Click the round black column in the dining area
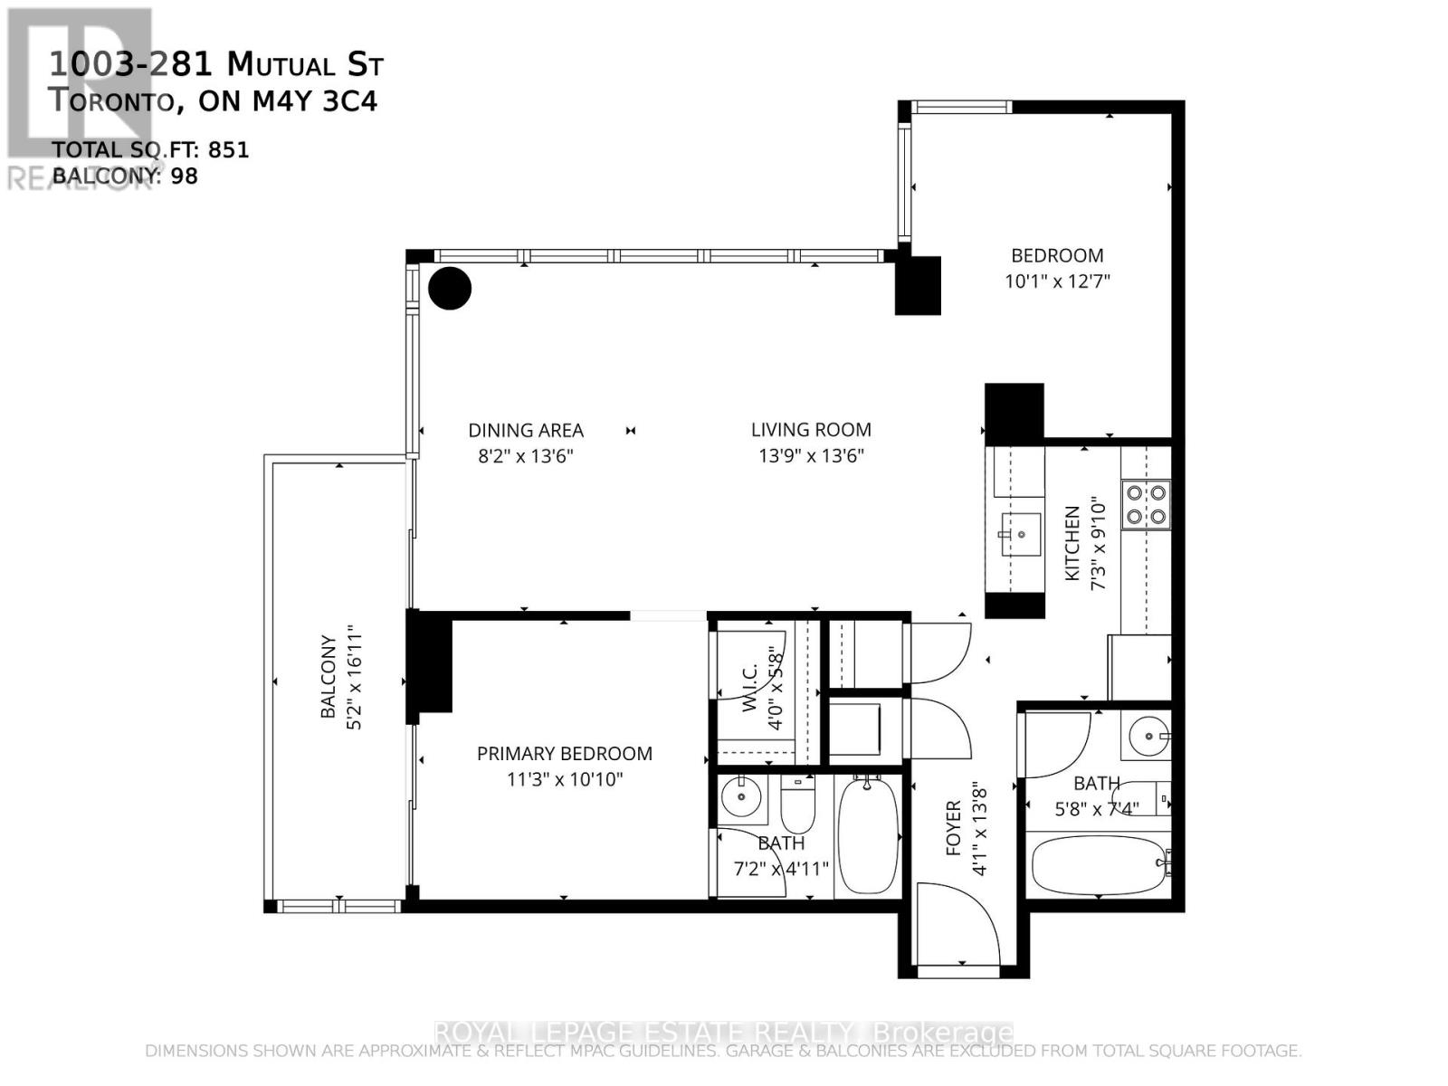[x=450, y=289]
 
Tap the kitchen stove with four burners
[x=1145, y=505]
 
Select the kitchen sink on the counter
[x=1020, y=534]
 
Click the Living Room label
[x=811, y=431]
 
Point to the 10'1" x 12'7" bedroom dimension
[x=1057, y=281]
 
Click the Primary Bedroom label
[x=564, y=754]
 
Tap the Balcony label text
[x=329, y=677]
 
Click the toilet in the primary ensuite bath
[x=798, y=809]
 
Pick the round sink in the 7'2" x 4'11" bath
[x=741, y=797]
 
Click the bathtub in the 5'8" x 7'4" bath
[x=1098, y=865]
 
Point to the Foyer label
[x=953, y=827]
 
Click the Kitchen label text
[x=1072, y=543]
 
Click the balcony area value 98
[x=184, y=176]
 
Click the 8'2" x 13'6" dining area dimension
[x=526, y=456]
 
